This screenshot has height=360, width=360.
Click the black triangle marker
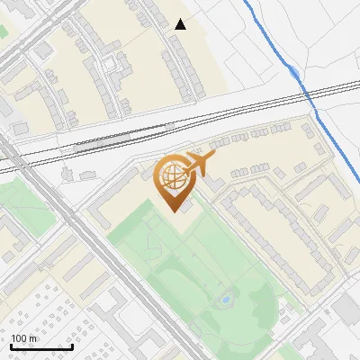pyautogui.click(x=181, y=24)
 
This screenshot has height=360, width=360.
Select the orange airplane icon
pyautogui.click(x=199, y=164)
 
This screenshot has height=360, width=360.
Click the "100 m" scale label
pyautogui.click(x=24, y=338)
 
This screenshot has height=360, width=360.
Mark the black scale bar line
pyautogui.click(x=41, y=346)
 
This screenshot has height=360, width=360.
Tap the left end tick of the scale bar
pyautogui.click(x=11, y=345)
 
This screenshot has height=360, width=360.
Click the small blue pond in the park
pyautogui.click(x=226, y=296)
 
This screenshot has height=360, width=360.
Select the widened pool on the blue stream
pyautogui.click(x=294, y=70)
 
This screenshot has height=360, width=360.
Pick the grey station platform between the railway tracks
pyautogui.click(x=99, y=140)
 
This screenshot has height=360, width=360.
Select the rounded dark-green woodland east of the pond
pyautogui.click(x=265, y=306)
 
